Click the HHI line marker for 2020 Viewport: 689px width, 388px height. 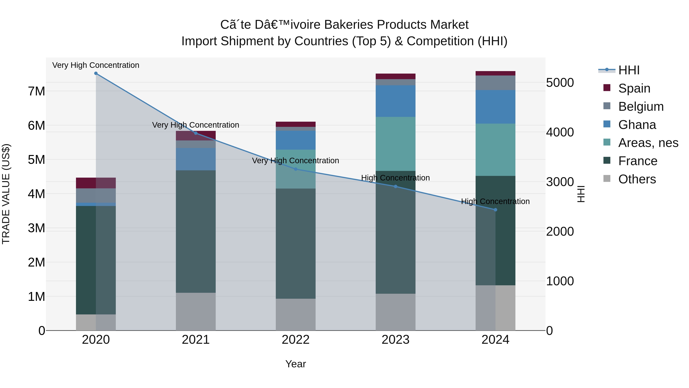point(96,73)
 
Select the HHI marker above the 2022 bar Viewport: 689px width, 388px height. point(296,169)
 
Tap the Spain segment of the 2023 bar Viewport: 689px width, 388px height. point(395,76)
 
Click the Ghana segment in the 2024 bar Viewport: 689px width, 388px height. point(495,107)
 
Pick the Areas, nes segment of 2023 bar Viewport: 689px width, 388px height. point(395,144)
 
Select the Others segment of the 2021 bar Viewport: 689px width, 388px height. point(196,311)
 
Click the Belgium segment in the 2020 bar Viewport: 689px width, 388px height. point(96,195)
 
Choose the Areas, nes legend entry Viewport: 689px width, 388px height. point(648,143)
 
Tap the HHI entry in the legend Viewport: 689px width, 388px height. point(629,70)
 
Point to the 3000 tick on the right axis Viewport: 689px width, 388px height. point(560,182)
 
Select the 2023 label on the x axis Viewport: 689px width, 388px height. point(395,340)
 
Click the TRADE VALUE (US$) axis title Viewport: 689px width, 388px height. point(6,194)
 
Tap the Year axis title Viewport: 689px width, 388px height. point(296,364)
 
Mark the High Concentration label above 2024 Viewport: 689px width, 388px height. point(495,201)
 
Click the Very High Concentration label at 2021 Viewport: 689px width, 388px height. point(196,125)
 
